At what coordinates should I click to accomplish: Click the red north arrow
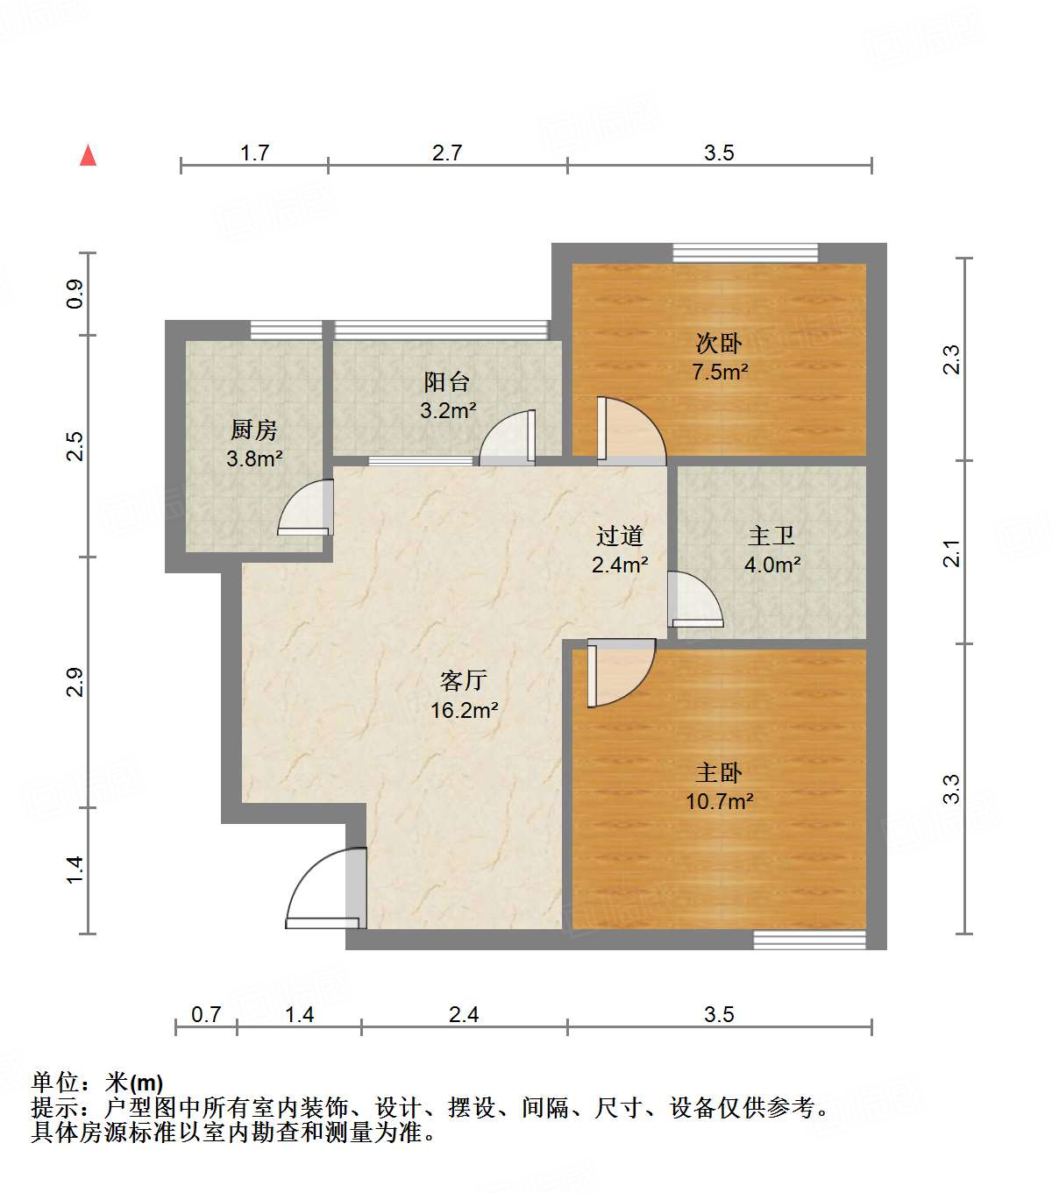click(88, 155)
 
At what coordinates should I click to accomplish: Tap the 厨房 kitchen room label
click(254, 430)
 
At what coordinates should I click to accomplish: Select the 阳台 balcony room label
click(447, 382)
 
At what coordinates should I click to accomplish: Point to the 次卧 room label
click(719, 343)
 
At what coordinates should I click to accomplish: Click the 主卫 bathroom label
click(771, 536)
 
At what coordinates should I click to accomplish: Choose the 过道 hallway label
click(620, 536)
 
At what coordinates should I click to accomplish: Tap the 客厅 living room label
click(464, 680)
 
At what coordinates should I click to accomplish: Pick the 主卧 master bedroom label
click(719, 772)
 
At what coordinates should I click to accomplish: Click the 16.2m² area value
click(464, 710)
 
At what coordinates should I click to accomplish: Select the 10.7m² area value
click(719, 801)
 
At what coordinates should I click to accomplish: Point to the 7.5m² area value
click(720, 372)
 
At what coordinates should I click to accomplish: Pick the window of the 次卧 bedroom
click(745, 252)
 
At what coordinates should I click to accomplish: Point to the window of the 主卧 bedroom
click(809, 940)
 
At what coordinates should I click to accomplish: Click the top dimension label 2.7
click(447, 153)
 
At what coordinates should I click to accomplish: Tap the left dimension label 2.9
click(75, 682)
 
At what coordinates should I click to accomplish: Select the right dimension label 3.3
click(952, 788)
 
